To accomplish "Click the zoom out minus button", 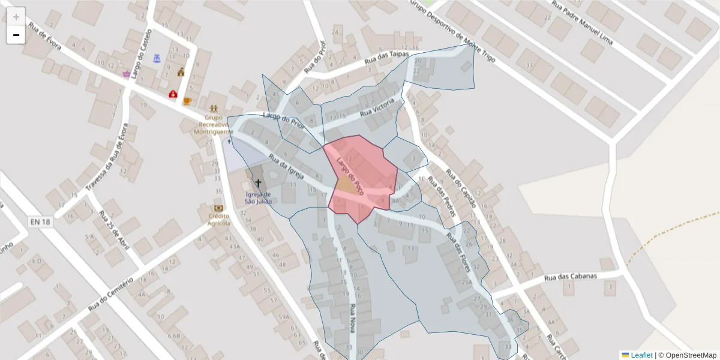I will (16, 35).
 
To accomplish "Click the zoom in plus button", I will (16, 17).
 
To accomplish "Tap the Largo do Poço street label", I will (350, 176).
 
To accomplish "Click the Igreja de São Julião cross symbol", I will (259, 183).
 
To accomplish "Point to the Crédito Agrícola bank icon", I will (219, 208).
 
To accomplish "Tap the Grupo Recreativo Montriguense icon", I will (214, 107).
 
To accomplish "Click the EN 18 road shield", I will (40, 222).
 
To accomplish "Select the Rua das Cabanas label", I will (571, 277).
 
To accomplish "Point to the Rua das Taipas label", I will (387, 58).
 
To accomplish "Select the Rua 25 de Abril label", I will (114, 230).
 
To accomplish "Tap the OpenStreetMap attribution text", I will (690, 355).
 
